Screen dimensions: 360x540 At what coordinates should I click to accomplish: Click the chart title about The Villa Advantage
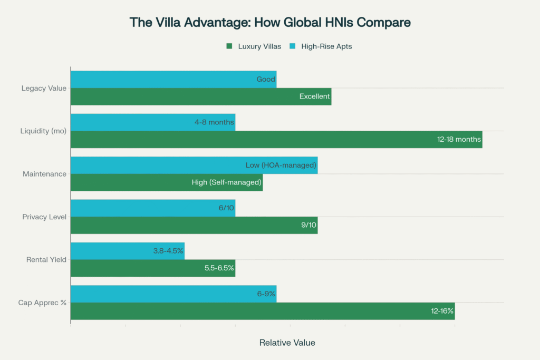(270, 23)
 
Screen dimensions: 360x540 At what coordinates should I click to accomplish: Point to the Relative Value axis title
(287, 343)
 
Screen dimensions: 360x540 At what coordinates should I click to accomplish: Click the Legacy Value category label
(44, 88)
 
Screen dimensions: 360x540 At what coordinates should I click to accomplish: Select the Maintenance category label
(44, 174)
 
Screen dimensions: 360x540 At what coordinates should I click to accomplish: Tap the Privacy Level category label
(44, 217)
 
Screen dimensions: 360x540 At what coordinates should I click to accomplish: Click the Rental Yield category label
(46, 260)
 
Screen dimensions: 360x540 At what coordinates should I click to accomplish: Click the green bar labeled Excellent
(200, 96)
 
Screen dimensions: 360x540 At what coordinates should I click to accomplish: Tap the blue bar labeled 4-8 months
(152, 122)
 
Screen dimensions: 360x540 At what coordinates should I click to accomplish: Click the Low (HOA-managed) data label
(281, 166)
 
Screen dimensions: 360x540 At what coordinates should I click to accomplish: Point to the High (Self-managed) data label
(227, 182)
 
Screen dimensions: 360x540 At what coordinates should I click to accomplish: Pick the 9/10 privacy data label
(308, 226)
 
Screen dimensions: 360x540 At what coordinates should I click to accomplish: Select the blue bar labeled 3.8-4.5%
(127, 251)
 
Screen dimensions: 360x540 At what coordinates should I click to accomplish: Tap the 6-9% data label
(266, 294)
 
